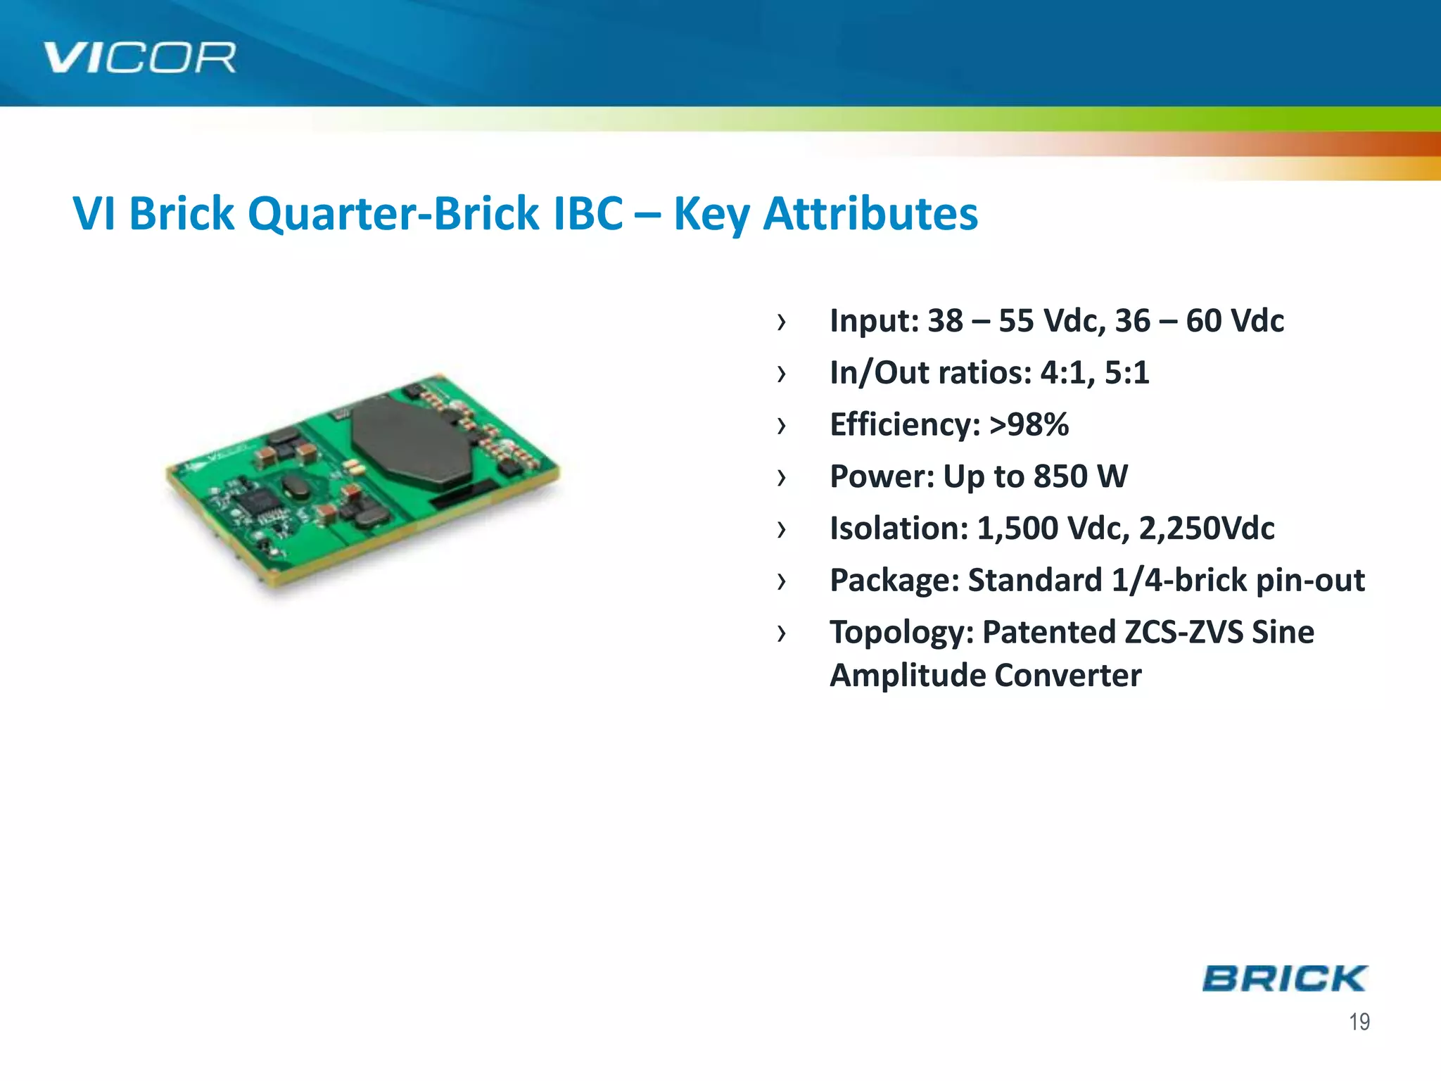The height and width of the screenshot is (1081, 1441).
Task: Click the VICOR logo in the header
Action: (x=139, y=58)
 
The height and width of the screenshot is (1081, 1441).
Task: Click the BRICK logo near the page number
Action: (x=1284, y=979)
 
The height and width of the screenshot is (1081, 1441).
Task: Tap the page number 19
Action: (x=1359, y=1022)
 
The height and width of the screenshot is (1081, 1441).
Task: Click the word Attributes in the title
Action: (x=870, y=213)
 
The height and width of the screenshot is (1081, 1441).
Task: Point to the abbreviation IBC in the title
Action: (x=588, y=213)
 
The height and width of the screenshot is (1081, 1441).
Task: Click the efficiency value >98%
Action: (x=1029, y=424)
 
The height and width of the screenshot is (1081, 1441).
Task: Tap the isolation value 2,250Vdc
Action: (x=1206, y=529)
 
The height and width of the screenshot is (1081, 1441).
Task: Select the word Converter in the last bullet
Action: (x=1067, y=676)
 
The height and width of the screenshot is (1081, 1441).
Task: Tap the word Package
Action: (x=894, y=581)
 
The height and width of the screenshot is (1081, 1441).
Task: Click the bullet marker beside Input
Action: (x=781, y=322)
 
